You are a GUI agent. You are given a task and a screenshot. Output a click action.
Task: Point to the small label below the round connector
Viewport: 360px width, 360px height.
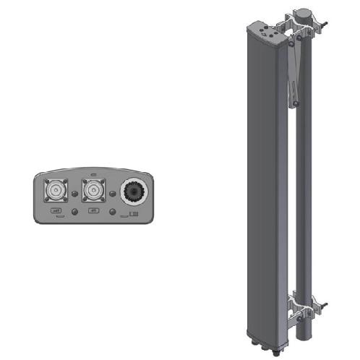click(133, 215)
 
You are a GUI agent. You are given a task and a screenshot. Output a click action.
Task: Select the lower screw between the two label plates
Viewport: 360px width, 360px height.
click(75, 212)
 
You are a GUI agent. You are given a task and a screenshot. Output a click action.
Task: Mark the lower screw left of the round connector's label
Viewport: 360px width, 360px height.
click(115, 212)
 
